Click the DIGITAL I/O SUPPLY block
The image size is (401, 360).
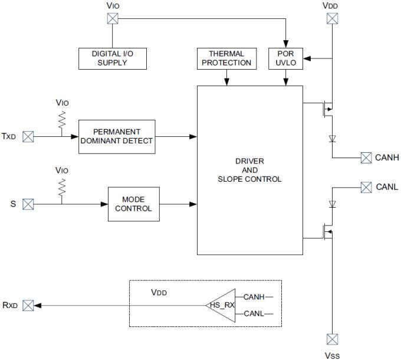click(112, 58)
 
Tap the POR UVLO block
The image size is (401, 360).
click(285, 58)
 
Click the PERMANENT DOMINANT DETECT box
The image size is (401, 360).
click(117, 136)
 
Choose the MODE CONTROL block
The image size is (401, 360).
click(133, 204)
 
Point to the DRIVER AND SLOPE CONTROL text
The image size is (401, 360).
click(249, 170)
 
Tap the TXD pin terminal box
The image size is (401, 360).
click(28, 136)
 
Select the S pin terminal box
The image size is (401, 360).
click(28, 204)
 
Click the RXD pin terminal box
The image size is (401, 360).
click(28, 305)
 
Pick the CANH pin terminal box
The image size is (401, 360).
click(366, 158)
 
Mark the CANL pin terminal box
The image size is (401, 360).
click(366, 187)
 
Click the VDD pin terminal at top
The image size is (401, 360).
click(332, 18)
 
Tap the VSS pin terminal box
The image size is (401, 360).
click(332, 339)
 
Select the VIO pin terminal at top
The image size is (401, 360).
click(112, 18)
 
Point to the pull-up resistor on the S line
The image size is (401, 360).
click(61, 187)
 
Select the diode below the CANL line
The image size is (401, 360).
click(332, 204)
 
